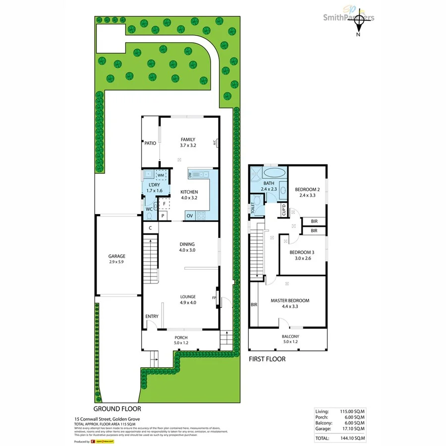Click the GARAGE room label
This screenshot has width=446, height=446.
(117, 256)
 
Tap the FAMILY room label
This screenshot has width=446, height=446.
(188, 139)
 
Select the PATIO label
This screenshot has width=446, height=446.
(150, 143)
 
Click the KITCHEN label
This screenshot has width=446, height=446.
(189, 192)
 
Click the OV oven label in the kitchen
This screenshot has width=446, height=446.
(189, 216)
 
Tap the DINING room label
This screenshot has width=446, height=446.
(187, 244)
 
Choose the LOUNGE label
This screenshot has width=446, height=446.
(187, 297)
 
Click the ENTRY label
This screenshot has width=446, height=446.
(152, 317)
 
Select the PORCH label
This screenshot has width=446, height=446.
(181, 338)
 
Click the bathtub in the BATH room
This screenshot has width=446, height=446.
(274, 173)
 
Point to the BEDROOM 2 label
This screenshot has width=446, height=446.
(307, 189)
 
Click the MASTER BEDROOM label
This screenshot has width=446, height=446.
(290, 301)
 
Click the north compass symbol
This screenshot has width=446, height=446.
(358, 21)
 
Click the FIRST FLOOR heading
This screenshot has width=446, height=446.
(267, 359)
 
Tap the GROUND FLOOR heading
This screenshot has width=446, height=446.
(117, 409)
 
